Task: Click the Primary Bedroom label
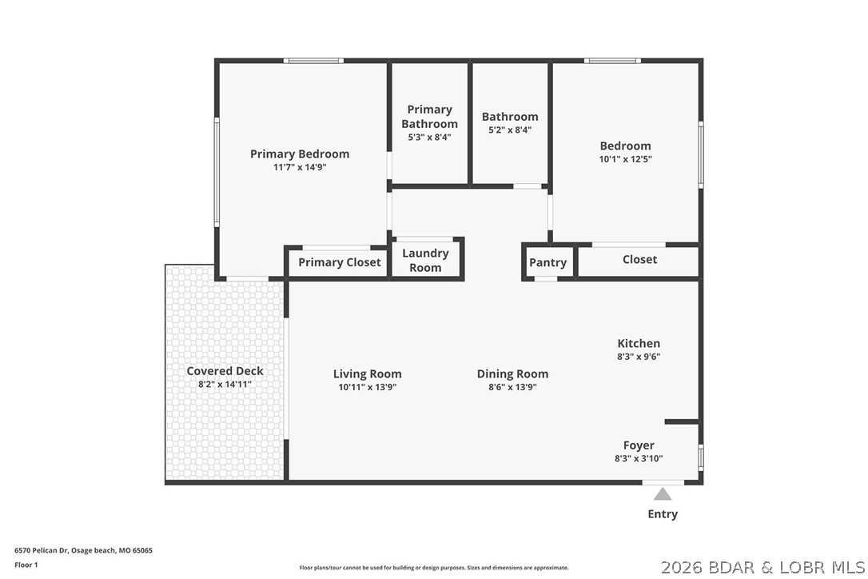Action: tap(299, 154)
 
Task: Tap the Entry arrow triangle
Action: tap(663, 494)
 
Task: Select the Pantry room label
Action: tap(547, 262)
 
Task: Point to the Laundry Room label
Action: tap(425, 260)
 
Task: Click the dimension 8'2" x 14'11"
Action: tap(225, 385)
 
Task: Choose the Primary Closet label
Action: tap(339, 262)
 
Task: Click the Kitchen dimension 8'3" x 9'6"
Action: tap(638, 357)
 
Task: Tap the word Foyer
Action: tap(639, 445)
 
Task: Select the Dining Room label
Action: tap(512, 373)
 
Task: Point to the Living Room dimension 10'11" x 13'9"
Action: tap(367, 387)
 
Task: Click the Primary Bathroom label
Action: tap(429, 117)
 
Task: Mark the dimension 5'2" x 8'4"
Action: tap(509, 130)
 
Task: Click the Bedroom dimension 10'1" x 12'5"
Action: tap(625, 159)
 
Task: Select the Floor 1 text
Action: tap(26, 565)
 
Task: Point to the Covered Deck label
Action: tap(225, 371)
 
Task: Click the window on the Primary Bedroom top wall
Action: tap(313, 60)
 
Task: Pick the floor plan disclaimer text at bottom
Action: tap(434, 568)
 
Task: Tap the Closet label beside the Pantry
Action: tap(639, 259)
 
